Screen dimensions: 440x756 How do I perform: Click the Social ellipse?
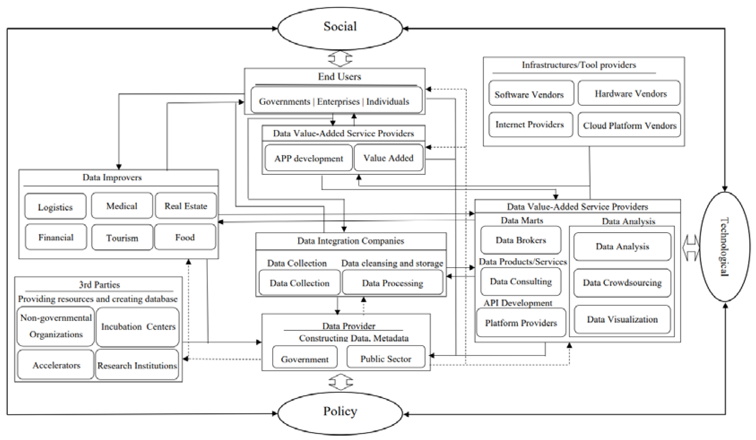pyautogui.click(x=340, y=28)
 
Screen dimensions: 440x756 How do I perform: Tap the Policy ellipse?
pyautogui.click(x=340, y=413)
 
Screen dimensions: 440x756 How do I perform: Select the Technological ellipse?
pyautogui.click(x=724, y=247)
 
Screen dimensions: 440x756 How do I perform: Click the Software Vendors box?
pyautogui.click(x=531, y=93)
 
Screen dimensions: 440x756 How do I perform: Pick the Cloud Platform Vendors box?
pyautogui.click(x=629, y=125)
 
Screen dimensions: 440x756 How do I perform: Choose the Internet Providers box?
pyautogui.click(x=530, y=124)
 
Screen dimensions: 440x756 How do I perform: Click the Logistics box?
pyautogui.click(x=55, y=206)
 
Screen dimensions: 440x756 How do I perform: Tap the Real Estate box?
pyautogui.click(x=186, y=206)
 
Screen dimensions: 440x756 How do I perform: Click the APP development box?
pyautogui.click(x=308, y=158)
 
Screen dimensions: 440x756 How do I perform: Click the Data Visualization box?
pyautogui.click(x=622, y=319)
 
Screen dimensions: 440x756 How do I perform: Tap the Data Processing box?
pyautogui.click(x=392, y=282)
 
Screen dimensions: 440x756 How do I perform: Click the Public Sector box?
pyautogui.click(x=386, y=357)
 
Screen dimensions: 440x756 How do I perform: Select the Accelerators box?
pyautogui.click(x=56, y=365)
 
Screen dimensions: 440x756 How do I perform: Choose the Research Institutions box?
pyautogui.click(x=137, y=365)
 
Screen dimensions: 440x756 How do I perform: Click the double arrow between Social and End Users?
pyautogui.click(x=340, y=59)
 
